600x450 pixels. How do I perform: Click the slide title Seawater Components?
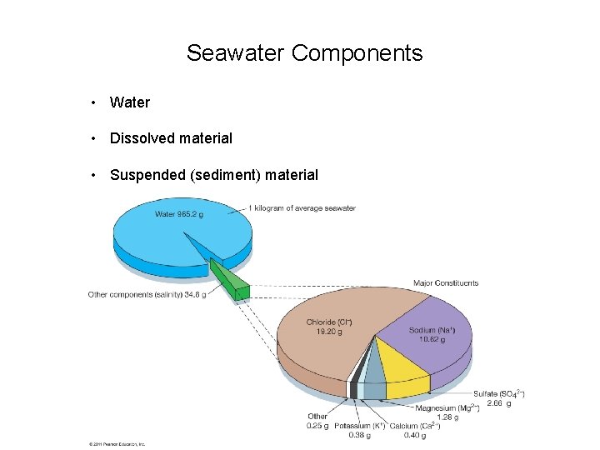tap(304, 53)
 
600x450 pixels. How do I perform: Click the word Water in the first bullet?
tap(130, 102)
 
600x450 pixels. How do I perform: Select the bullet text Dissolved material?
tap(171, 138)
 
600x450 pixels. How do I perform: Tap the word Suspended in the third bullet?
tap(147, 175)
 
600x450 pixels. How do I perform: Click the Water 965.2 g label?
tap(178, 214)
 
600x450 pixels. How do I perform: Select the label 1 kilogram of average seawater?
tap(302, 208)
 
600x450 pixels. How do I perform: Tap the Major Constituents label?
tap(446, 283)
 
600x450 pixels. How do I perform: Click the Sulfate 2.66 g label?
tap(498, 397)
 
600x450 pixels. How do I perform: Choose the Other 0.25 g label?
tap(317, 421)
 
